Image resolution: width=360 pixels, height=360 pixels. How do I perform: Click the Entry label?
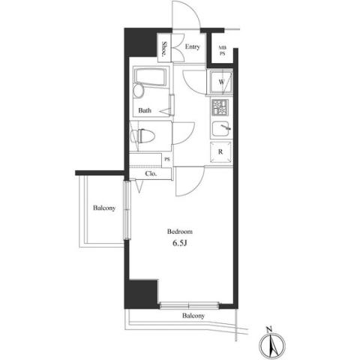pos(192,46)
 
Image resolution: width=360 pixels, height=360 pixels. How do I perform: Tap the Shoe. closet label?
pos(164,49)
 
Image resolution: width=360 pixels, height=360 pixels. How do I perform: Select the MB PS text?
pos(222,50)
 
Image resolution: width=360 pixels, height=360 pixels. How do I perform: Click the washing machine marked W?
pos(221,82)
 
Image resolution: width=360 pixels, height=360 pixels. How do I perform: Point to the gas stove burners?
pos(220,107)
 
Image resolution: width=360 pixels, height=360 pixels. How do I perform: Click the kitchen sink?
pos(221,129)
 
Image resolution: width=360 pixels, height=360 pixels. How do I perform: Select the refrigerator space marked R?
pos(220,151)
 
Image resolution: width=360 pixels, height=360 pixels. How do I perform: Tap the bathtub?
pos(150,77)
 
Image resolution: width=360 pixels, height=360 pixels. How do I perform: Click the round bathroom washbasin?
pos(138,91)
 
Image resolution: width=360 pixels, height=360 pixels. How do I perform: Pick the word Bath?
pos(145,110)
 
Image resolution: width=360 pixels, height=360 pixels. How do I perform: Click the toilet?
pos(142,136)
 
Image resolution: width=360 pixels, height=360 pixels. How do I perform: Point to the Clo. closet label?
pos(151,173)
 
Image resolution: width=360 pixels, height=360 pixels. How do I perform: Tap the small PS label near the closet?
pos(167,159)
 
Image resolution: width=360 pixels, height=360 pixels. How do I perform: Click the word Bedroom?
pos(180,232)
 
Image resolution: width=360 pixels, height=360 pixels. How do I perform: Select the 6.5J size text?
pos(180,243)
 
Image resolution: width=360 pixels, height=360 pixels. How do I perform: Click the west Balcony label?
pos(104,208)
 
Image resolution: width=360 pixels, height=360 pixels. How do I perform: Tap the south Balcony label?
pos(193,316)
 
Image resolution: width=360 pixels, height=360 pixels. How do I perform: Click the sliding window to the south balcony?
pos(189,305)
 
